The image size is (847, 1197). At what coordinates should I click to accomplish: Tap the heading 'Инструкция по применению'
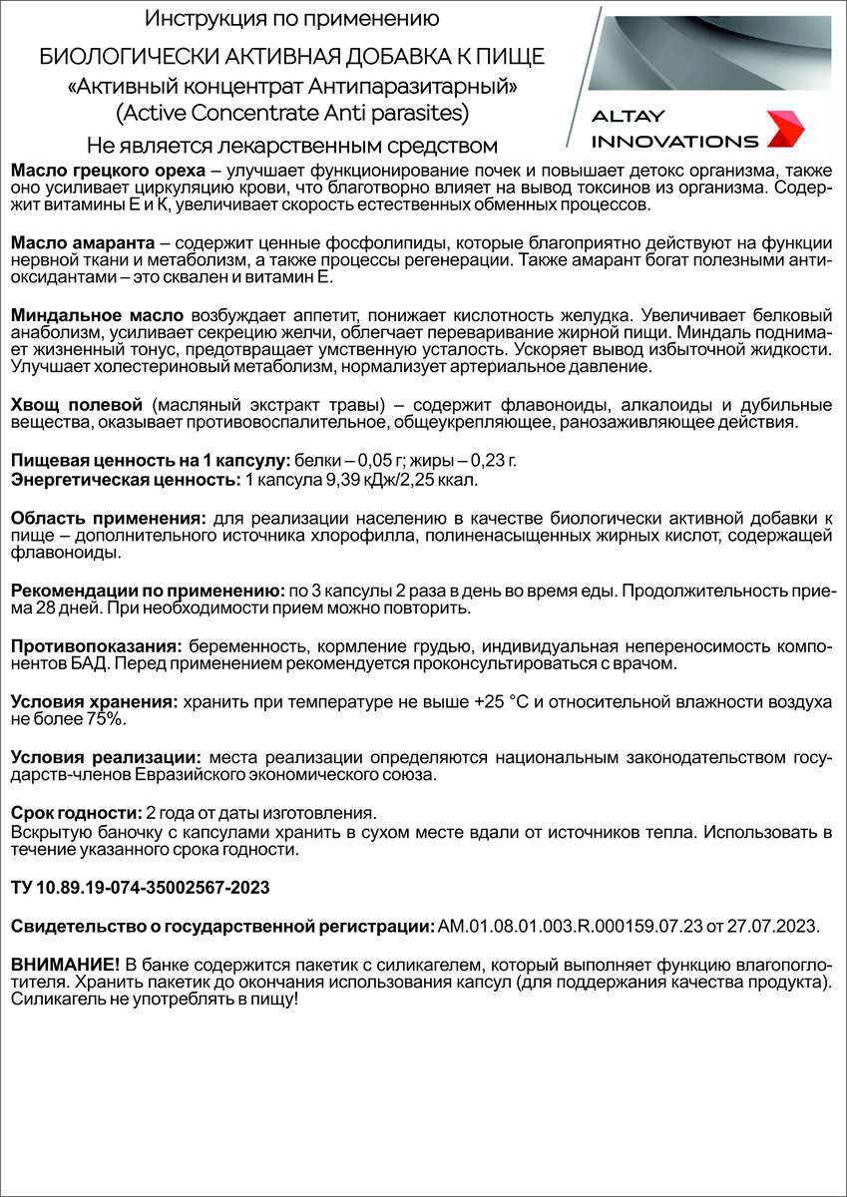point(291,19)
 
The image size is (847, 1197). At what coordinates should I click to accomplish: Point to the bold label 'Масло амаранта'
point(82,243)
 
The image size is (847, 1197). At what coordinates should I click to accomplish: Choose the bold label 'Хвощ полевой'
point(77,405)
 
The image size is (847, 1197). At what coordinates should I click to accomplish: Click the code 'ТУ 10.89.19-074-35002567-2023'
point(140,887)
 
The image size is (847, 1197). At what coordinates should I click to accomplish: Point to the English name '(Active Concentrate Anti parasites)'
point(291,112)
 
